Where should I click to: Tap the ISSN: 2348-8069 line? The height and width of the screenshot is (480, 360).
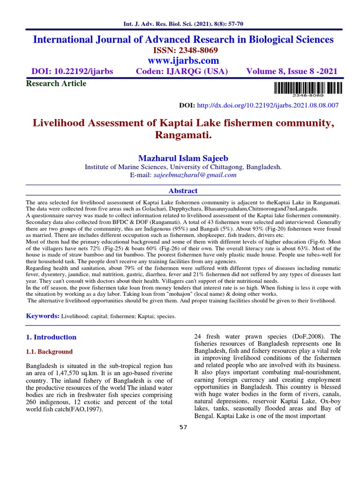tap(183, 50)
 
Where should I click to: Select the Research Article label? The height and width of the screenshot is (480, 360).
tap(56, 83)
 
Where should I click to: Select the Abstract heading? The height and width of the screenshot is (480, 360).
tap(183, 191)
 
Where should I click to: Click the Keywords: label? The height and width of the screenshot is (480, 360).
tap(41, 316)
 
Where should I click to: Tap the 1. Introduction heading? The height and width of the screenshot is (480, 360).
tap(51, 337)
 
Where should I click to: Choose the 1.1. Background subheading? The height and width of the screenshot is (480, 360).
tap(49, 352)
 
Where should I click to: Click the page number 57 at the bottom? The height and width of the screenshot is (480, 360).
tap(184, 427)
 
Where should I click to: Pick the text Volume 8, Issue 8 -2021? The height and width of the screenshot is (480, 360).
tap(292, 72)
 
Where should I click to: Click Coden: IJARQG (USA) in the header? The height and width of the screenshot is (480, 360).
tap(181, 72)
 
